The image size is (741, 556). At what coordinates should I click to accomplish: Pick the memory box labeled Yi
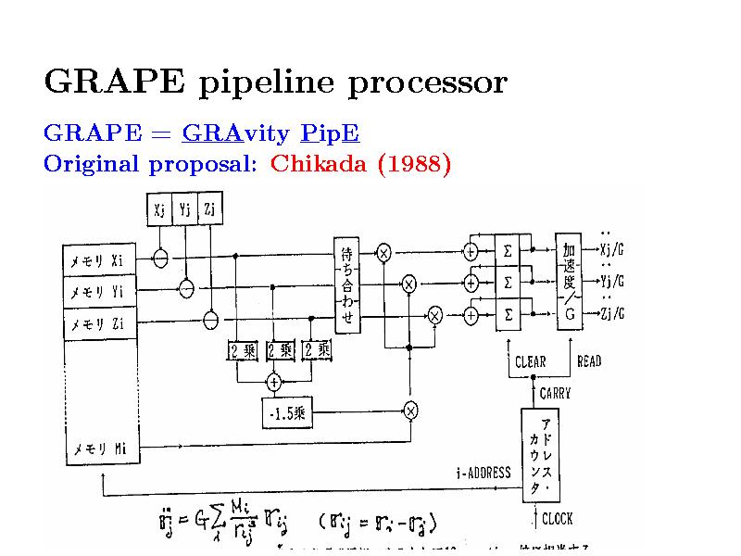click(x=100, y=292)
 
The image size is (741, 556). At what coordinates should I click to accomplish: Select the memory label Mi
click(x=100, y=450)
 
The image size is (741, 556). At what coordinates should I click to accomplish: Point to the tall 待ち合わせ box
click(x=347, y=284)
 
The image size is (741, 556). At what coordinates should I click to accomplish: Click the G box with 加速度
click(x=570, y=281)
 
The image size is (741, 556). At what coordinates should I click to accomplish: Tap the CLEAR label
click(x=530, y=361)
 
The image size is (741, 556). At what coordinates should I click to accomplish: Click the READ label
click(x=589, y=361)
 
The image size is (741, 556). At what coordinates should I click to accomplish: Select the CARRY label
click(x=555, y=393)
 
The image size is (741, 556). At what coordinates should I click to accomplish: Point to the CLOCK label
click(x=557, y=519)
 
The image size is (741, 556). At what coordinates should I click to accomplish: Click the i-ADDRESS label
click(x=484, y=473)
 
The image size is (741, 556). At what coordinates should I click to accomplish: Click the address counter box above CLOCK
click(x=546, y=454)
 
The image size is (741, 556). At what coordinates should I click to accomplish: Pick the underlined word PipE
click(x=331, y=134)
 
